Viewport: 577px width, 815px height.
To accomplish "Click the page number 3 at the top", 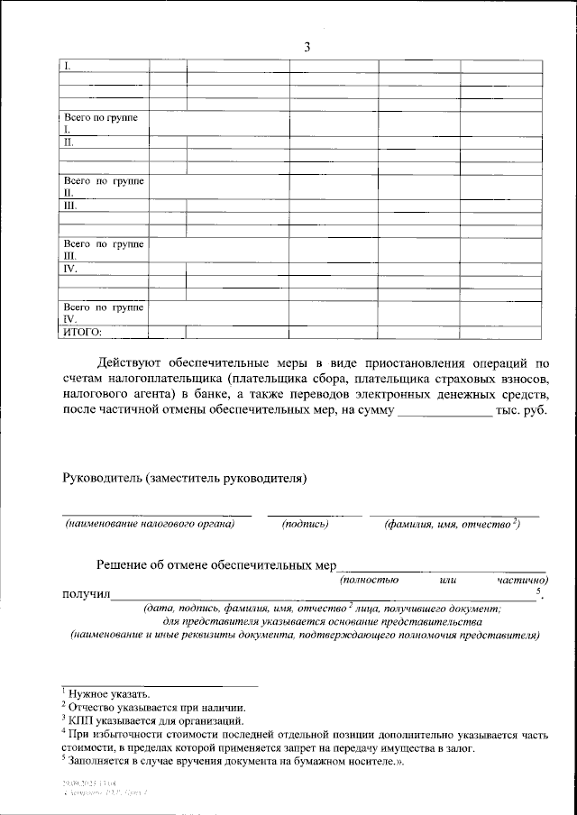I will click(x=307, y=47).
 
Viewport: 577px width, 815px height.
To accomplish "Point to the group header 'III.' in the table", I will click(x=69, y=206).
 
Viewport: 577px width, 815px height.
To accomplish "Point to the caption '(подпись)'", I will click(x=305, y=524).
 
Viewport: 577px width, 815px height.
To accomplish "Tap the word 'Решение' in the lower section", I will click(x=124, y=565).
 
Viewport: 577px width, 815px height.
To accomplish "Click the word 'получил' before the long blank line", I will click(x=85, y=594).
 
